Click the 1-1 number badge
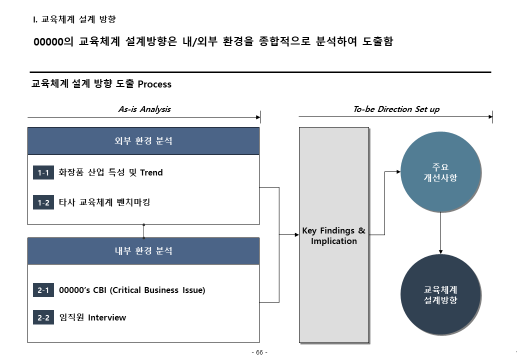[43, 173]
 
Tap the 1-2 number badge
[43, 203]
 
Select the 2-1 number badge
[43, 290]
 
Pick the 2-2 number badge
[43, 317]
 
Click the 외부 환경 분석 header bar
[143, 141]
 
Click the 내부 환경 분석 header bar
[143, 251]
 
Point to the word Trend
[151, 173]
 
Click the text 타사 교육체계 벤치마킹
[104, 202]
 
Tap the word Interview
[107, 318]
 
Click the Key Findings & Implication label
[334, 236]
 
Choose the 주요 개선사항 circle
[441, 172]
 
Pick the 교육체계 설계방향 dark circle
[441, 295]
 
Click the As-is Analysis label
[144, 109]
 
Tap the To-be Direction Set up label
[396, 109]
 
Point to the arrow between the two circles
[441, 233]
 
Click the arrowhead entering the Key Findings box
[297, 235]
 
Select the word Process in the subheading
[154, 84]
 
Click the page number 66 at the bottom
[259, 352]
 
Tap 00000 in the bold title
[48, 42]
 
